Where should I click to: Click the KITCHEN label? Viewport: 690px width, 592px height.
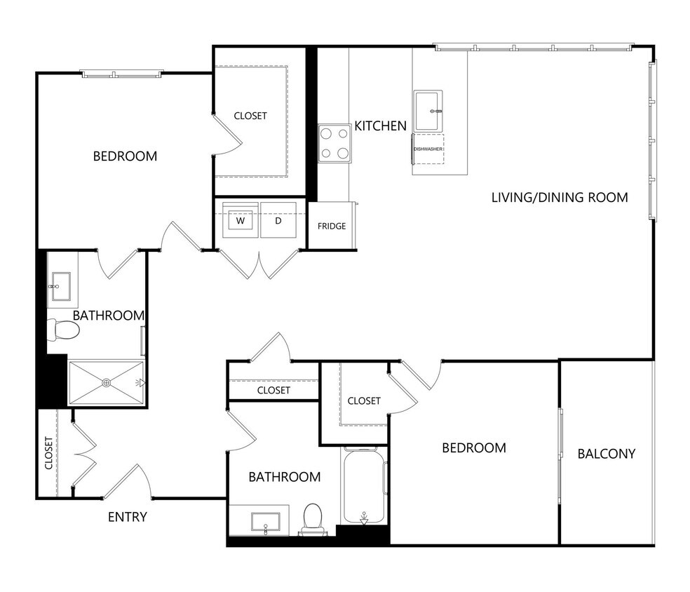tap(380, 126)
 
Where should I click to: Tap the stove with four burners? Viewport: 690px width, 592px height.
tap(334, 143)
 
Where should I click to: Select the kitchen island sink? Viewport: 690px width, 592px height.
tap(428, 110)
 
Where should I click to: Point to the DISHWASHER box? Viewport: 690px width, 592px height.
tap(428, 149)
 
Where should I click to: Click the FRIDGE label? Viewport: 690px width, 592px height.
tap(332, 226)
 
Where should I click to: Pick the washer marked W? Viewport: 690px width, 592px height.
tap(241, 220)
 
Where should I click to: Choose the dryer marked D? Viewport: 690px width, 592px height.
tap(278, 220)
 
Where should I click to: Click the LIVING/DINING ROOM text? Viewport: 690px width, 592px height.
tap(559, 197)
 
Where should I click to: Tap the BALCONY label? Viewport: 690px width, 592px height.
tap(606, 454)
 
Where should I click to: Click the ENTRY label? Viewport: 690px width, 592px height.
tap(127, 518)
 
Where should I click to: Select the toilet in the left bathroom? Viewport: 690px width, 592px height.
tap(60, 330)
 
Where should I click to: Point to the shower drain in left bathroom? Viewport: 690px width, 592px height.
tap(107, 382)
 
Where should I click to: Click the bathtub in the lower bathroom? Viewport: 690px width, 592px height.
tap(364, 485)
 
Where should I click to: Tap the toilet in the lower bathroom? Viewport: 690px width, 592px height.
tap(312, 518)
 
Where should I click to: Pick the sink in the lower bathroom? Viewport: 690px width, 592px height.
tap(266, 522)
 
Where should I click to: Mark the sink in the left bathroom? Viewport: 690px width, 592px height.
tap(62, 286)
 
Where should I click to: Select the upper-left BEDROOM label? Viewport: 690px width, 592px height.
tap(125, 156)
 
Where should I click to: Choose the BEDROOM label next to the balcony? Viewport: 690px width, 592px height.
tap(474, 448)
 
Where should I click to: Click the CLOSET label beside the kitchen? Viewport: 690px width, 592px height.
tap(250, 116)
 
